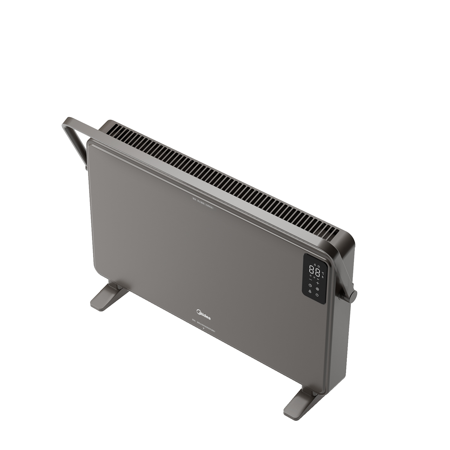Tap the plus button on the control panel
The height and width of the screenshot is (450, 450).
[318, 283]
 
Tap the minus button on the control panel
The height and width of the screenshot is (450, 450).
[310, 279]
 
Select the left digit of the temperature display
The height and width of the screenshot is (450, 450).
[311, 270]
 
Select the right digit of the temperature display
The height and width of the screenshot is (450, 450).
[318, 273]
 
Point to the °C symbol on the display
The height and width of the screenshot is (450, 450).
[323, 273]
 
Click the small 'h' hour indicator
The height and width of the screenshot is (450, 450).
[322, 277]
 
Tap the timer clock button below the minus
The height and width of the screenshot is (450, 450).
[310, 285]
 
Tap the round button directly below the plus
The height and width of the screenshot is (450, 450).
[317, 289]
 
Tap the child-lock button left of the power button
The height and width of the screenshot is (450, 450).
[310, 291]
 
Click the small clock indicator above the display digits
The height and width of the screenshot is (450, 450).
[319, 266]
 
